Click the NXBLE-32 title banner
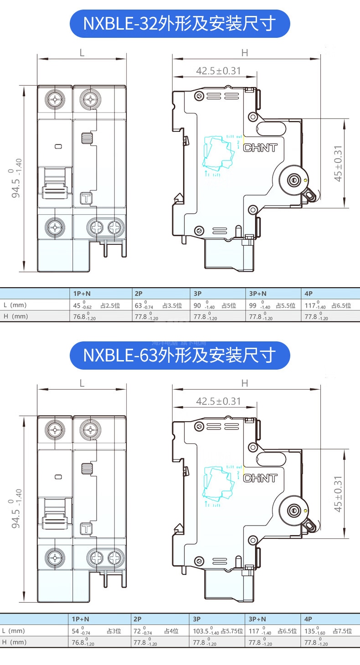coord(180,24)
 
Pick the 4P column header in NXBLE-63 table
coord(309,619)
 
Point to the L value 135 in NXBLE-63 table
coord(310,631)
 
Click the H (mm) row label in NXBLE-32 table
coord(15,316)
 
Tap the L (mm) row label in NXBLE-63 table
coord(14,631)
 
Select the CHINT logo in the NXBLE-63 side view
coord(261,479)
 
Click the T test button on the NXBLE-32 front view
coord(86,198)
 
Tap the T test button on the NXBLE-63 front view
coord(86,529)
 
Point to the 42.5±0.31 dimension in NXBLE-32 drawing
coord(218,71)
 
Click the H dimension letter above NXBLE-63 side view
coord(245,383)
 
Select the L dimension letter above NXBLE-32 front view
coord(82,52)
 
